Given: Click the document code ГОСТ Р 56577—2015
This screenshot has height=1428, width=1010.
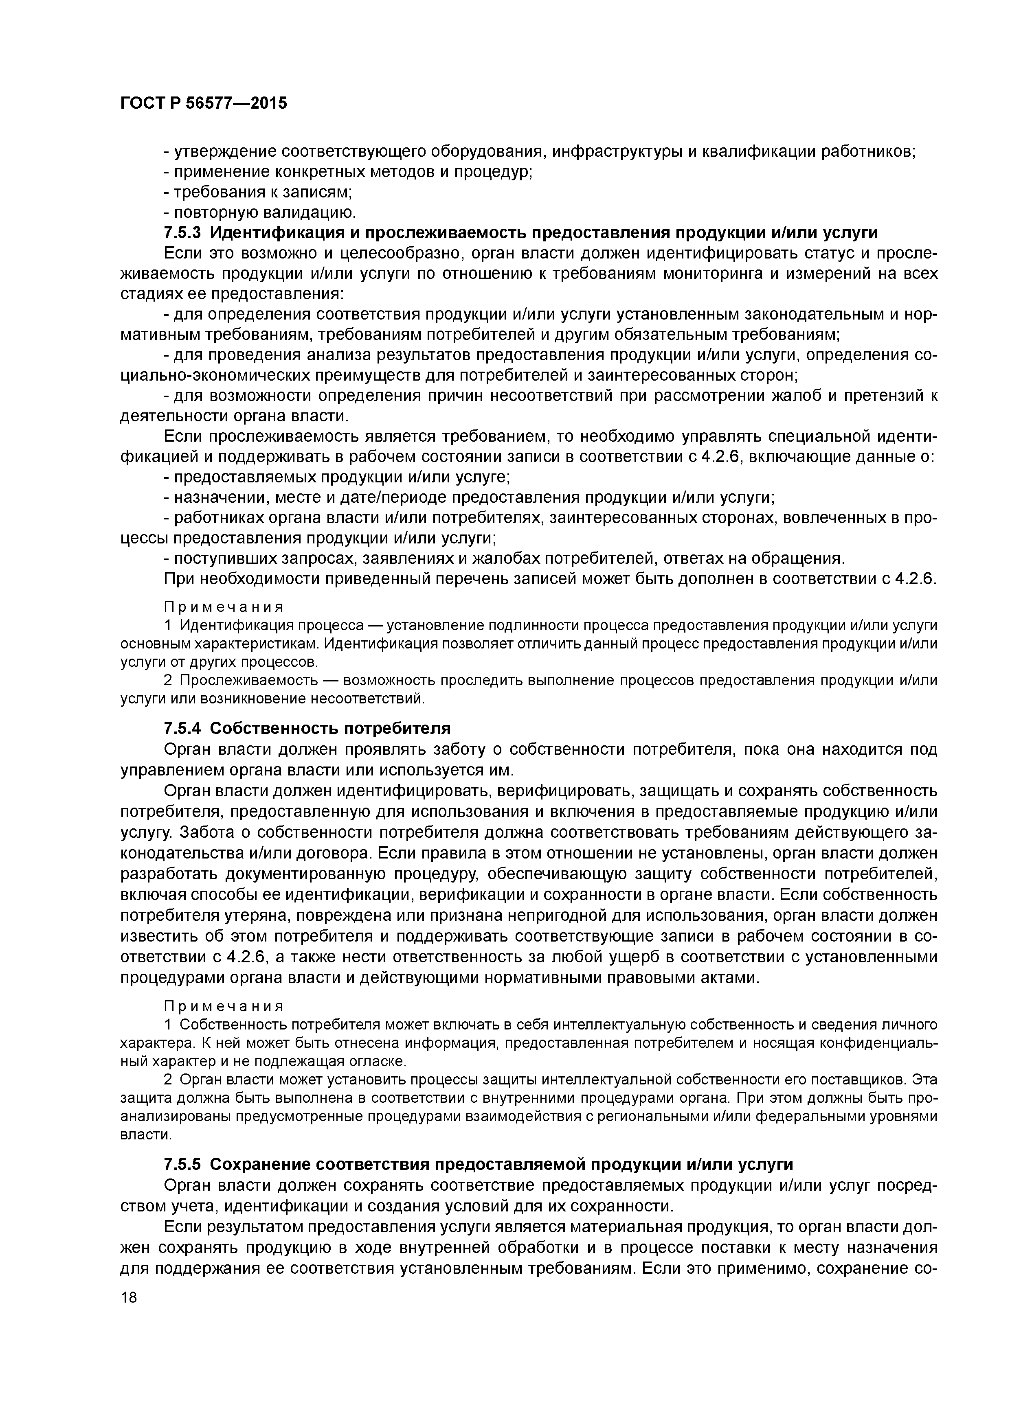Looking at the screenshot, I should click(x=204, y=103).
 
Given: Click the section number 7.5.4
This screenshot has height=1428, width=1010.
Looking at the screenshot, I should click(x=183, y=728).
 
